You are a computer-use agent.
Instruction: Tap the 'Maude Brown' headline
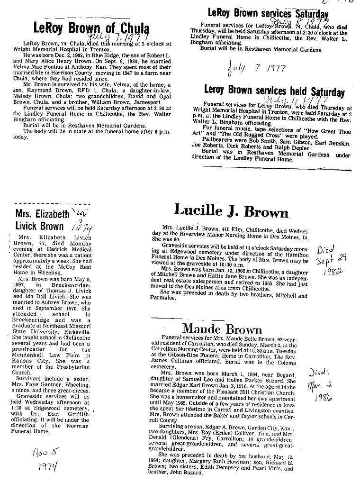click(222, 329)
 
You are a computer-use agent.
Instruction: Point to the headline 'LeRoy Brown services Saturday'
click(267, 13)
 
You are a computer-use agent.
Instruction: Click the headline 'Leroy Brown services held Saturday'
click(274, 91)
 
